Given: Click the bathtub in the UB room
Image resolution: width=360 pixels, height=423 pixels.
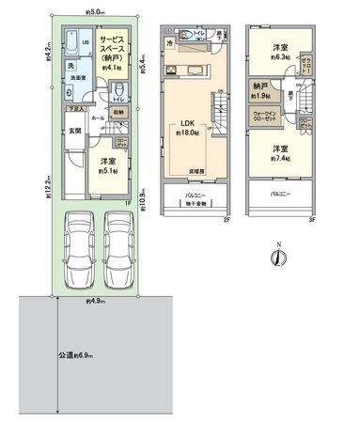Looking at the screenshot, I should (x=71, y=42).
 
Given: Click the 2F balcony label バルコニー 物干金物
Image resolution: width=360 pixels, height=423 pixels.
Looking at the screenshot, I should (x=195, y=199).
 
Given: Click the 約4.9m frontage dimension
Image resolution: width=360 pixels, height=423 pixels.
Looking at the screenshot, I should (x=93, y=302).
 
